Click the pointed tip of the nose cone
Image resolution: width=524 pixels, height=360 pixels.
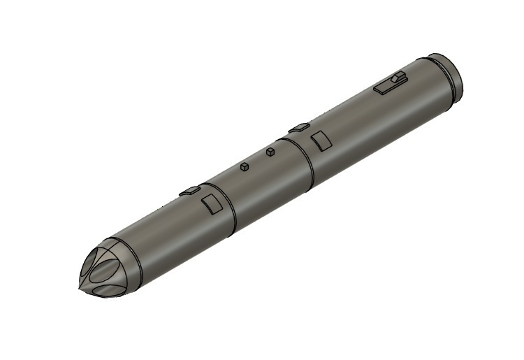click(78, 287)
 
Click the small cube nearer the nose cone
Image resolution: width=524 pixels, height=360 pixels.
click(245, 166)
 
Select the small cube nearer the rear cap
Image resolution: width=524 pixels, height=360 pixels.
click(270, 151)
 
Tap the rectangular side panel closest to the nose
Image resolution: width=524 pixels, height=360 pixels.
click(210, 205)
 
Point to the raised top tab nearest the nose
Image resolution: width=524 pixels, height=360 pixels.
click(189, 190)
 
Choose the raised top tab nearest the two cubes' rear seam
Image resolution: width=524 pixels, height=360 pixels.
click(299, 127)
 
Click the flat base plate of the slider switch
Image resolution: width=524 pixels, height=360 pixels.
click(386, 87)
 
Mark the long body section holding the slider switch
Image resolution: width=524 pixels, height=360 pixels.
click(370, 119)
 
